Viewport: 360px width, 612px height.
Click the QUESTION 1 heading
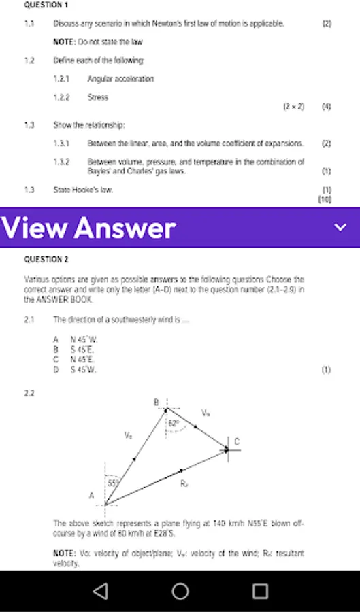tap(46, 5)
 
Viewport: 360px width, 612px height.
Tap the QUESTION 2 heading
tap(46, 259)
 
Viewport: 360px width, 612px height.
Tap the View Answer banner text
tap(88, 228)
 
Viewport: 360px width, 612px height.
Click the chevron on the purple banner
tap(340, 228)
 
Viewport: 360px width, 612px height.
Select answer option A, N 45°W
tap(76, 339)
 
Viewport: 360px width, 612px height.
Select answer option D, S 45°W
tap(76, 369)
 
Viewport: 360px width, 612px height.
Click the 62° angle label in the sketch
tap(174, 423)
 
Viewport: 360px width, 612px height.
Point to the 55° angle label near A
tap(113, 483)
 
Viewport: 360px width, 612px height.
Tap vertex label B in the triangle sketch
tap(156, 403)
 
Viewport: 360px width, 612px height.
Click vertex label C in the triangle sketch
tap(237, 442)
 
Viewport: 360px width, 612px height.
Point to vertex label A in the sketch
tap(91, 496)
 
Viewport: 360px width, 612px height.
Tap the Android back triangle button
tap(100, 591)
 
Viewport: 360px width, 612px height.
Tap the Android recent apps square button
tap(260, 591)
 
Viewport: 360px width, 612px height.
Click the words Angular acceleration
tap(120, 79)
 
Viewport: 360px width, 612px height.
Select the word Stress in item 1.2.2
tap(97, 97)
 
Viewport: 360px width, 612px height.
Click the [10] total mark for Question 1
tap(324, 199)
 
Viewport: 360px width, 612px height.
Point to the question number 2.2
tap(29, 393)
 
